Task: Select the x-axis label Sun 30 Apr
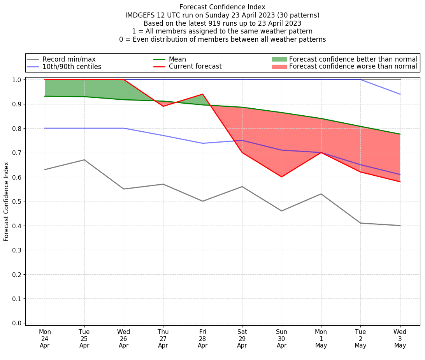pos(281,339)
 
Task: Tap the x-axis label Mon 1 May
pos(321,339)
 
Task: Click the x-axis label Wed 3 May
pos(400,339)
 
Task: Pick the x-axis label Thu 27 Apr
pos(163,339)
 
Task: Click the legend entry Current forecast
pos(195,67)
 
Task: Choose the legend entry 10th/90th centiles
pos(72,67)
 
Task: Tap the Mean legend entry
pos(177,59)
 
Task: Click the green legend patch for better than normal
pos(279,59)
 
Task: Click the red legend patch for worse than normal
pos(279,67)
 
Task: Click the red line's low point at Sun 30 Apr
pos(281,177)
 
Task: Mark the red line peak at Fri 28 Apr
pos(202,94)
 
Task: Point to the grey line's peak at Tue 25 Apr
pos(84,160)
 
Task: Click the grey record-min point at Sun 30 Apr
pos(281,211)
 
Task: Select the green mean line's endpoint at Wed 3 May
pos(400,134)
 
